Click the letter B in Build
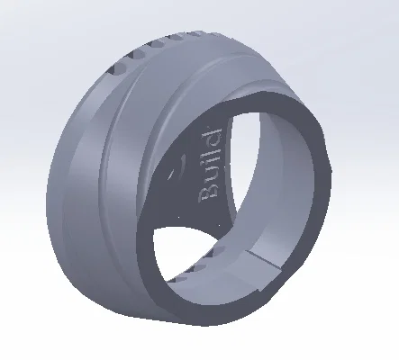pos(208,192)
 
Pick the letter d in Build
pos(213,136)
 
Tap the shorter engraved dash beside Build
pos(172,175)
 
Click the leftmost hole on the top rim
pos(116,68)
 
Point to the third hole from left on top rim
pos(157,44)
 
